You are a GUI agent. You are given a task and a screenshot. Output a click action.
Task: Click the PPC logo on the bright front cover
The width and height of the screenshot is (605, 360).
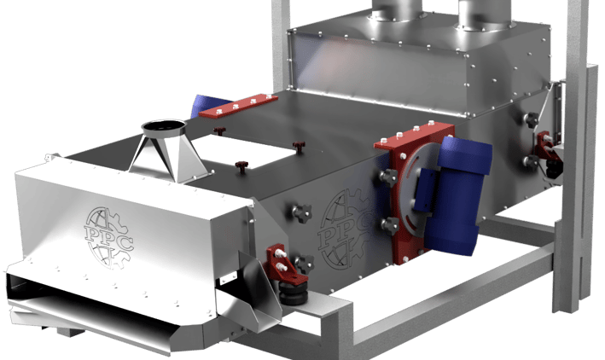pyautogui.click(x=109, y=237)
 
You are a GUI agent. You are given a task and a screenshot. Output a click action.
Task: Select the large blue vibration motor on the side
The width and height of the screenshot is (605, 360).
pyautogui.click(x=458, y=195)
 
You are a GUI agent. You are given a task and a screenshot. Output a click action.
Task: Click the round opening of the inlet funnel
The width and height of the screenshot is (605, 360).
pyautogui.click(x=164, y=125)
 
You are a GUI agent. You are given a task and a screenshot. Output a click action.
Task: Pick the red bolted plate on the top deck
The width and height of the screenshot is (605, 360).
pyautogui.click(x=238, y=105)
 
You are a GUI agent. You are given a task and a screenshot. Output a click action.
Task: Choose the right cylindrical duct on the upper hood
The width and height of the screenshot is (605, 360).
pyautogui.click(x=484, y=14)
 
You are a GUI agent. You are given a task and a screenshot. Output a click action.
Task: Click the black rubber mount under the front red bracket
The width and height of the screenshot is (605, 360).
pyautogui.click(x=294, y=293)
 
